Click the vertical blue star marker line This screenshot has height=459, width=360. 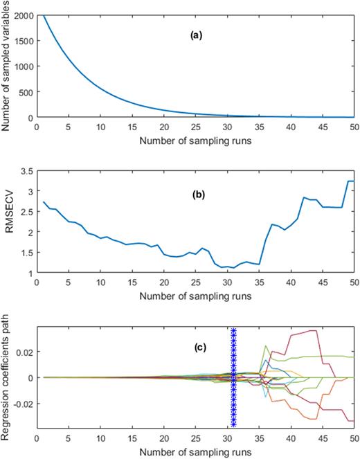233,378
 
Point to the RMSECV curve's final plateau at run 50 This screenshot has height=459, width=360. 351,181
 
